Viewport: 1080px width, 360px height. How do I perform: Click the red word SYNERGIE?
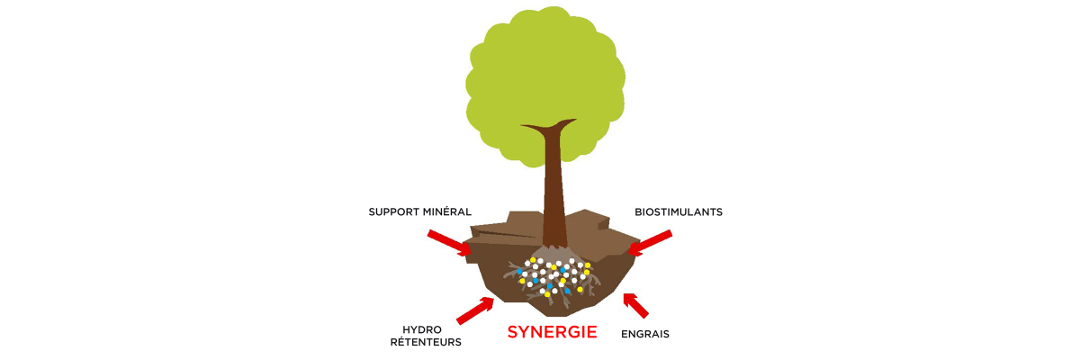pyautogui.click(x=552, y=332)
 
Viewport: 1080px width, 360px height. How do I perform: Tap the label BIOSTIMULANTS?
pyautogui.click(x=679, y=212)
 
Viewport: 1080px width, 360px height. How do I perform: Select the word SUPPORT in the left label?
pyautogui.click(x=394, y=212)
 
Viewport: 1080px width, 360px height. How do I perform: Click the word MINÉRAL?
pyautogui.click(x=447, y=211)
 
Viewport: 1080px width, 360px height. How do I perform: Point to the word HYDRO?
pyautogui.click(x=422, y=329)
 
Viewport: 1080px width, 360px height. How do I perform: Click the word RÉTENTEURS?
pyautogui.click(x=426, y=342)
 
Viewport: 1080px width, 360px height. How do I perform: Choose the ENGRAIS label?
pyautogui.click(x=645, y=334)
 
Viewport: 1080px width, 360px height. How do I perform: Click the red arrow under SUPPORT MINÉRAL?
pyautogui.click(x=449, y=243)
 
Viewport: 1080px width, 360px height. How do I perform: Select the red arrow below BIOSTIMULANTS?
pyautogui.click(x=650, y=242)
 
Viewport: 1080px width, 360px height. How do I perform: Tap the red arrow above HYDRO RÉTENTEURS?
pyautogui.click(x=475, y=310)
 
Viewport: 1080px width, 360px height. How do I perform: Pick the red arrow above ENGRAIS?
pyautogui.click(x=635, y=305)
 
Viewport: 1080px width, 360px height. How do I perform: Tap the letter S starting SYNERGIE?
pyautogui.click(x=513, y=332)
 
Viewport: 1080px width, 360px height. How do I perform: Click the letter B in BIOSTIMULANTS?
pyautogui.click(x=638, y=212)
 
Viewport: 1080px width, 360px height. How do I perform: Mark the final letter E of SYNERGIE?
pyautogui.click(x=592, y=332)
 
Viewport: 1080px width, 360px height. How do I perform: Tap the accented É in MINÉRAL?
pyautogui.click(x=447, y=211)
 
